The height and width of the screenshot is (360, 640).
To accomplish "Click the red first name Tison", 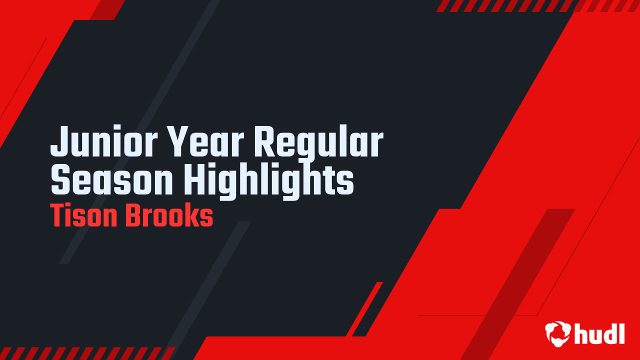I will [84, 216].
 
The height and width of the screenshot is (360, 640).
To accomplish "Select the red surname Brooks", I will [169, 216].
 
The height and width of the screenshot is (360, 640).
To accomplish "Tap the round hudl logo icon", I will [557, 333].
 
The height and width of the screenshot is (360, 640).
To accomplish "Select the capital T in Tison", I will [58, 216].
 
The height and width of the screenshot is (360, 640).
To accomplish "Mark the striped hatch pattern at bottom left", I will [85, 353].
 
